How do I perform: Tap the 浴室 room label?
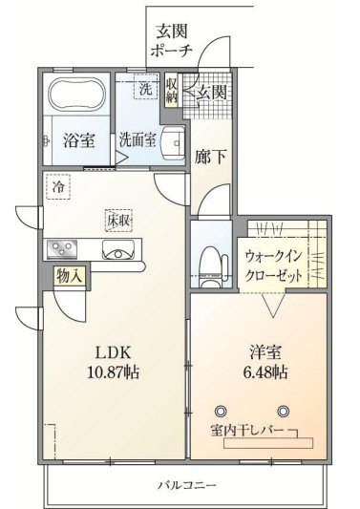[x=78, y=141]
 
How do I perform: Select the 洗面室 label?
[x=138, y=139]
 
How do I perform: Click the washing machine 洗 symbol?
[x=145, y=89]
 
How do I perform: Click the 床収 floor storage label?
[x=118, y=221]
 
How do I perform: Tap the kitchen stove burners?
[x=64, y=249]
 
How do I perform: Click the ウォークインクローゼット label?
[x=274, y=265]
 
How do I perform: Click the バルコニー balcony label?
[x=187, y=484]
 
